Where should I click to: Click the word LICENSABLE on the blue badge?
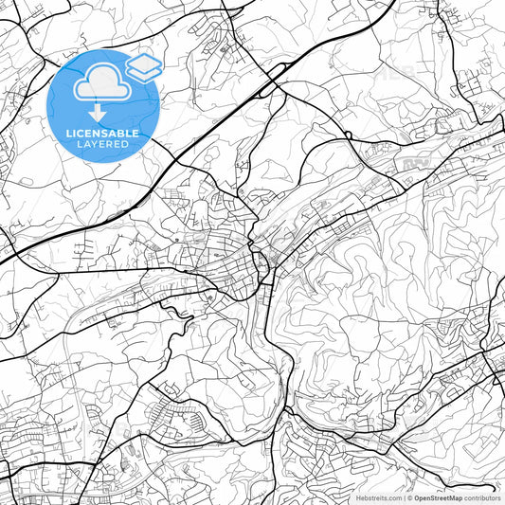coord(102,134)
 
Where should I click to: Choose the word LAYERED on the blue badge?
coord(102,144)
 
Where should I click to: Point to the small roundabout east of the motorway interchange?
coord(349,135)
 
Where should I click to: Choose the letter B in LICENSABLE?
coord(121,134)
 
